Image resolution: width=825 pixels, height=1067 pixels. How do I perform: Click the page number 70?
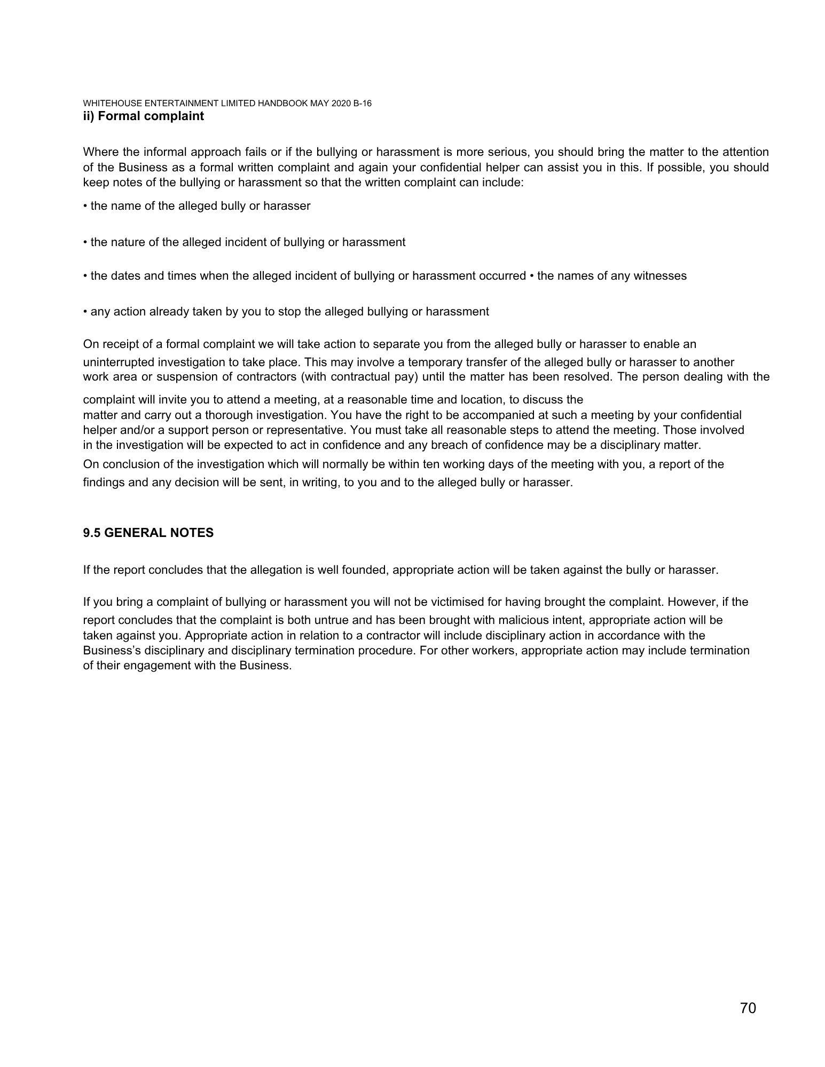(x=748, y=1008)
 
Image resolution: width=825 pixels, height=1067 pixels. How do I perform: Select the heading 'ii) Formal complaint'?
(x=143, y=116)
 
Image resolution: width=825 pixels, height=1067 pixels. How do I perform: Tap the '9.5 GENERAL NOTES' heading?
(x=148, y=533)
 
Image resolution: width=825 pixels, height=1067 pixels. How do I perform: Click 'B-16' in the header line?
(x=362, y=104)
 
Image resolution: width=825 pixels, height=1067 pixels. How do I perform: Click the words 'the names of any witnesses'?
(x=611, y=276)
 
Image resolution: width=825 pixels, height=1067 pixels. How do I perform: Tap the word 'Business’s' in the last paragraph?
(x=110, y=650)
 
